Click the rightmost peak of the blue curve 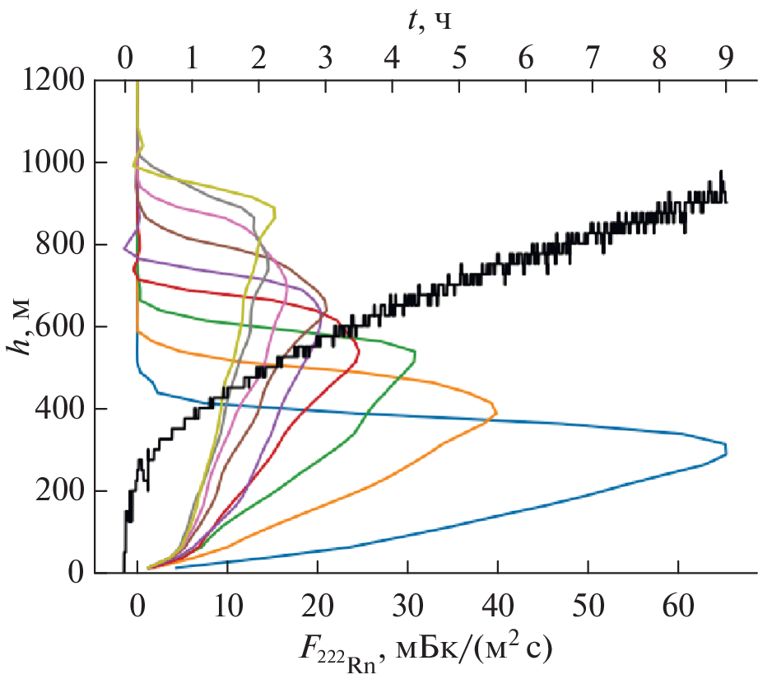(x=727, y=450)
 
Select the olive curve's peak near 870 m (x=275, y=213)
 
